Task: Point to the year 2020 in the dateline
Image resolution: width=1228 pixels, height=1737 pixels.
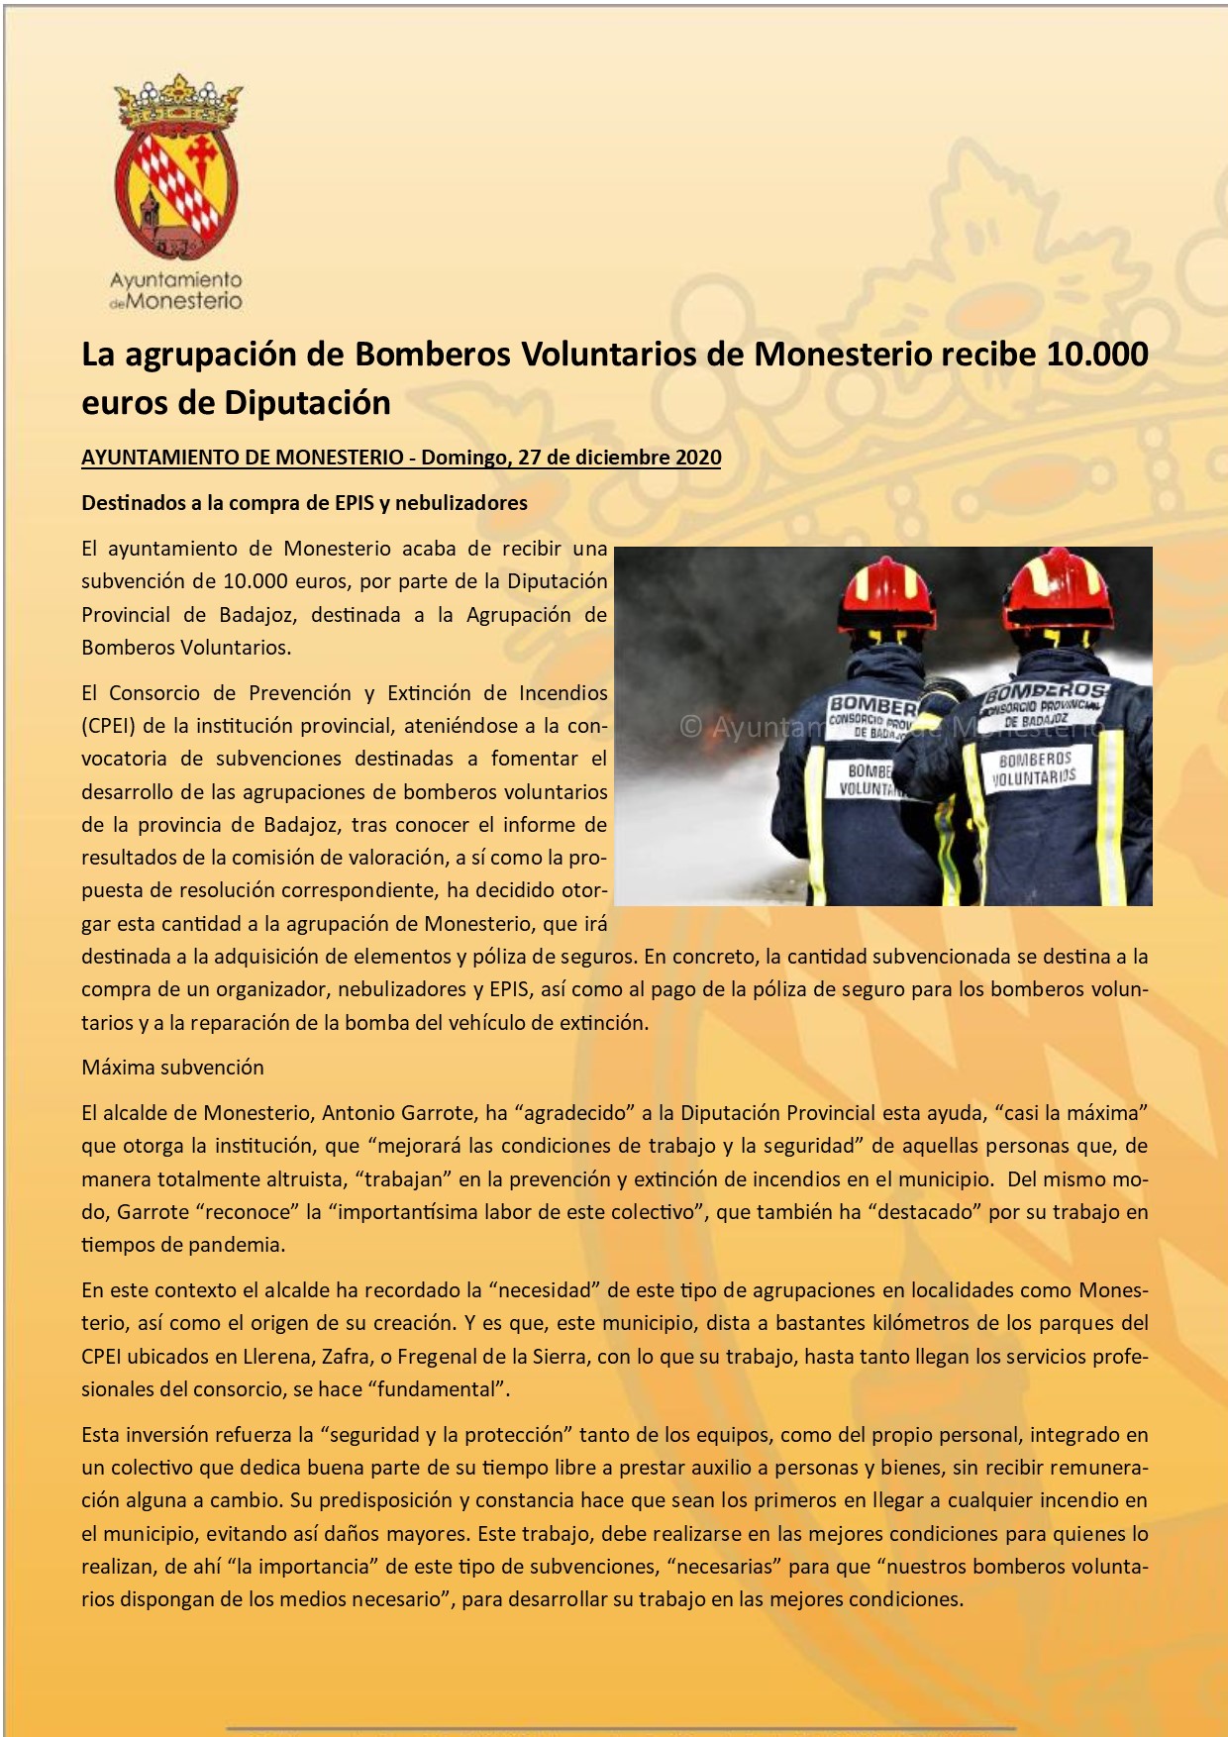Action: [698, 458]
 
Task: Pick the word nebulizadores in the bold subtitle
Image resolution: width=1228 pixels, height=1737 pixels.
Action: [460, 503]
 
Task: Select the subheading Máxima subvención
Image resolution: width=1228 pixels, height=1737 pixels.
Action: [172, 1068]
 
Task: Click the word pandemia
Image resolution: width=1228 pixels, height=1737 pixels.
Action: [236, 1245]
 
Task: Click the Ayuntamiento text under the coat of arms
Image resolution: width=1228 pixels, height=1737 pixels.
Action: [176, 281]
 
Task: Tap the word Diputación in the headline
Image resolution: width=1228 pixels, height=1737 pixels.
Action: [307, 403]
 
